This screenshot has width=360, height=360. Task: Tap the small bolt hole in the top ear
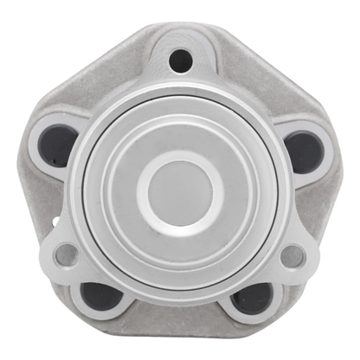[x=180, y=60]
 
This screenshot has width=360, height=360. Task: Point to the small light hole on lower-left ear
[x=65, y=254]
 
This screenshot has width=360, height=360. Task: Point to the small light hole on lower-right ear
[x=294, y=255]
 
